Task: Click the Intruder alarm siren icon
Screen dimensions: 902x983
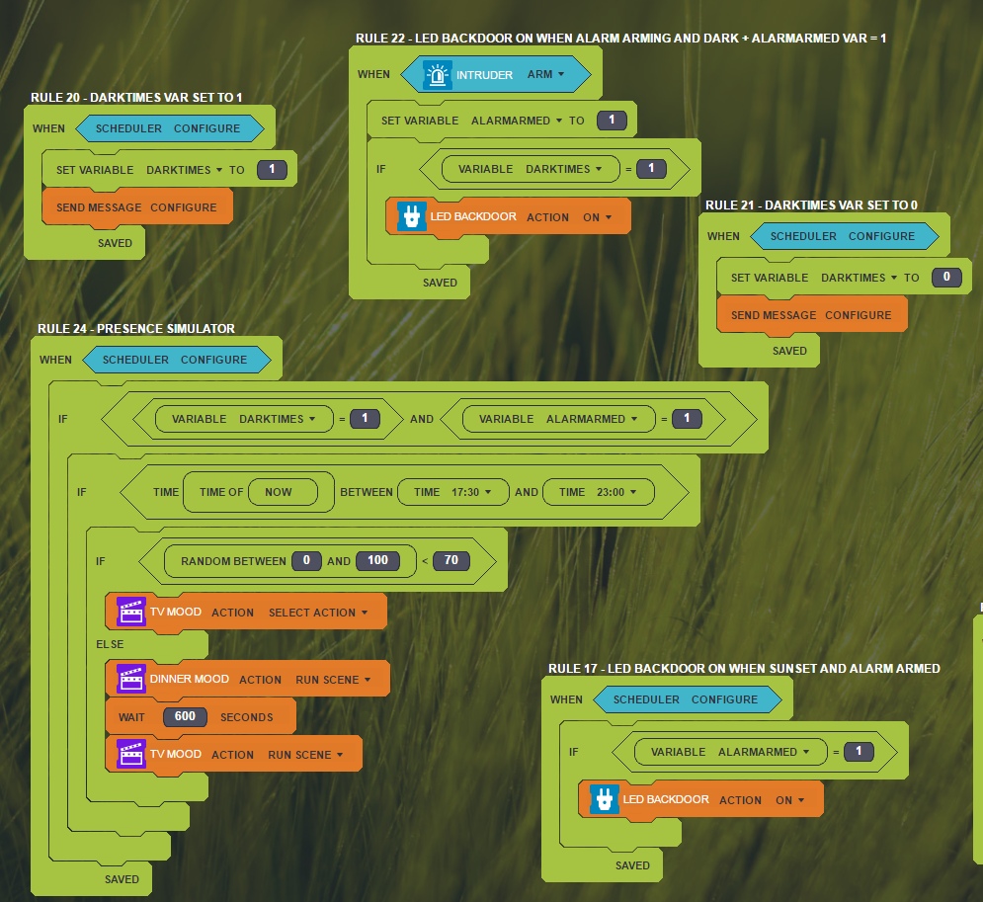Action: point(437,75)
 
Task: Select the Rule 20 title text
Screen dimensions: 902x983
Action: point(136,97)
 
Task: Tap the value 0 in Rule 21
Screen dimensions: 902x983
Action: point(945,278)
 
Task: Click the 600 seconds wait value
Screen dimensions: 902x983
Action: point(185,717)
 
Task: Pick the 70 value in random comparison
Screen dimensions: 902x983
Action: point(451,561)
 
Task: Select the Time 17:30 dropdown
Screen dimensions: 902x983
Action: point(453,492)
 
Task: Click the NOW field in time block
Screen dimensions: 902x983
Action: point(279,492)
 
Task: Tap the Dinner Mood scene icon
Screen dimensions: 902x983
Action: point(131,679)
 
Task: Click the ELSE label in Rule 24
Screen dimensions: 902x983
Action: point(110,644)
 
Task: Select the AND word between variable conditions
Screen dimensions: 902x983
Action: point(422,419)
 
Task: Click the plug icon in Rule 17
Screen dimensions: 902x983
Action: point(604,799)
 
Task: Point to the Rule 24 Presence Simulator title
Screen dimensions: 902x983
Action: point(136,329)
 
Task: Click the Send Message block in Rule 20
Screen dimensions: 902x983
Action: point(136,207)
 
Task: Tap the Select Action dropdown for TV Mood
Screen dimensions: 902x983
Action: point(317,613)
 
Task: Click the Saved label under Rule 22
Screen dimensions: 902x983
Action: point(440,283)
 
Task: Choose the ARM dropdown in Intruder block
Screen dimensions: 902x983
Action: point(545,74)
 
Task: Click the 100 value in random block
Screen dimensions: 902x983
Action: point(377,561)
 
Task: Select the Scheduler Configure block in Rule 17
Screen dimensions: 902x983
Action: point(686,699)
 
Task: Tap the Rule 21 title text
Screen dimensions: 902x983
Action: point(811,205)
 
